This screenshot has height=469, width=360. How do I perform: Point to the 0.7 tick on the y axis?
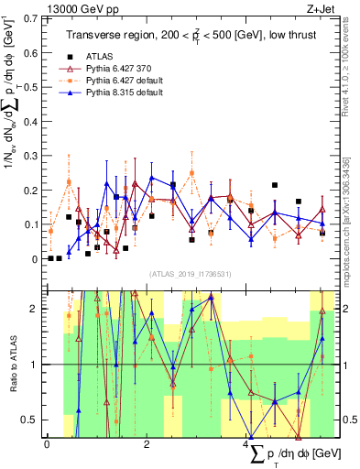point(31,18)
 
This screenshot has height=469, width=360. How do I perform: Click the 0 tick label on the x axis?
point(47,444)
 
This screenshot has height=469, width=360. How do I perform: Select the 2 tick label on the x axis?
point(147,444)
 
